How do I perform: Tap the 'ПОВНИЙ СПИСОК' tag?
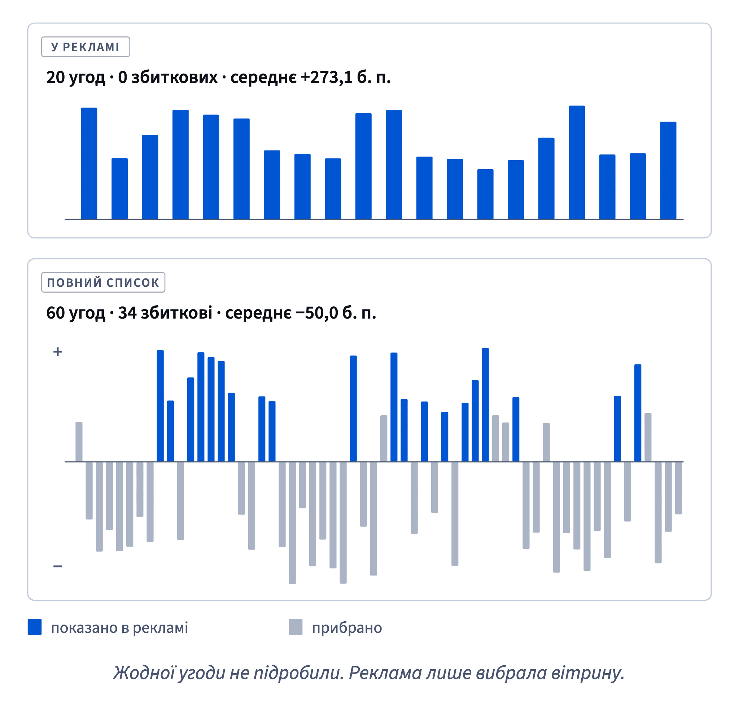(x=103, y=282)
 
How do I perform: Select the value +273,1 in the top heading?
(x=326, y=78)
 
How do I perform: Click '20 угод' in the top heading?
(x=75, y=78)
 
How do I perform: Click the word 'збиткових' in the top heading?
(x=174, y=78)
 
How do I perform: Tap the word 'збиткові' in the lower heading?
(x=177, y=313)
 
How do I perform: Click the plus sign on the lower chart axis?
(x=57, y=352)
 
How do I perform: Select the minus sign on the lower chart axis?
(x=57, y=566)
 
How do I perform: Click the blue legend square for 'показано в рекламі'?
(x=35, y=627)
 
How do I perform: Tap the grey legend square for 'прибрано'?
(x=296, y=627)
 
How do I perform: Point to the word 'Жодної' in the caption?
(x=144, y=673)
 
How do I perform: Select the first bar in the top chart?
(x=89, y=163)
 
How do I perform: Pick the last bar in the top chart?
(x=668, y=171)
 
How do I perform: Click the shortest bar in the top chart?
(x=485, y=194)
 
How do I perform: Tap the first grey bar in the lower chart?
(x=79, y=442)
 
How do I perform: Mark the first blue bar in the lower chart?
(x=160, y=406)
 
